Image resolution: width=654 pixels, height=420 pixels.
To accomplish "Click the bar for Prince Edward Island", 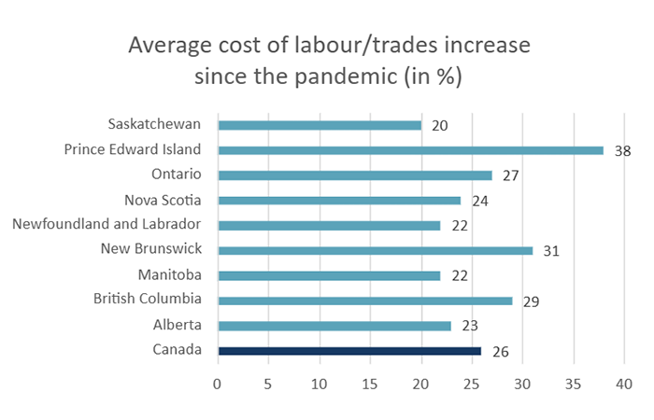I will tap(410, 149).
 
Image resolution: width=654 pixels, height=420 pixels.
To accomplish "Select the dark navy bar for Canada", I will tap(349, 351).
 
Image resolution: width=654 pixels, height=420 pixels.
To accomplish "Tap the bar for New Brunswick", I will tap(375, 250).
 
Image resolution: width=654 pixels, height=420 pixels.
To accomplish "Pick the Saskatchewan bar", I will tap(319, 124).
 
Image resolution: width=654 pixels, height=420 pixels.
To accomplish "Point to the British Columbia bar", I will tap(364, 301).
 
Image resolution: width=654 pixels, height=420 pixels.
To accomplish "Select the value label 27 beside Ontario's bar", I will tap(510, 175).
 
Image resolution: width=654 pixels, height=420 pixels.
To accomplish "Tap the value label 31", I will tap(551, 251).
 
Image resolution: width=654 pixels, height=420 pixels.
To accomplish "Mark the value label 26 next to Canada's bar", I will tap(500, 352).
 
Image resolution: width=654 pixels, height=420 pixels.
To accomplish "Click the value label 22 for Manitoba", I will tap(459, 276).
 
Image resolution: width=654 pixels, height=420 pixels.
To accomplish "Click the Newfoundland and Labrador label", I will tap(107, 224).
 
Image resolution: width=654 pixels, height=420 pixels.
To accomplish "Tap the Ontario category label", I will tap(178, 174).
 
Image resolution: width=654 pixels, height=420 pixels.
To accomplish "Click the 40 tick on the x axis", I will tap(624, 383).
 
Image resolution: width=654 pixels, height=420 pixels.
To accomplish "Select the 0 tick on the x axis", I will tap(218, 383).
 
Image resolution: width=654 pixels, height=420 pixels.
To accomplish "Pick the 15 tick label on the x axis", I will tap(370, 383).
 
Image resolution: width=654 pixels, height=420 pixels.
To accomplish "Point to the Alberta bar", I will tap(334, 326).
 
